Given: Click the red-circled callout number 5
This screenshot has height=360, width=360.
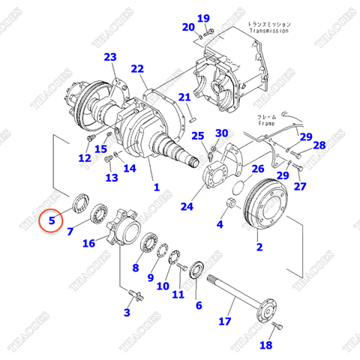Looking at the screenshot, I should [52, 220].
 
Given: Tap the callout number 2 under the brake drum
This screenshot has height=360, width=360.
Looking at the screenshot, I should [259, 246].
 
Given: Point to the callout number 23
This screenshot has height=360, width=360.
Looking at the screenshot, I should [110, 58].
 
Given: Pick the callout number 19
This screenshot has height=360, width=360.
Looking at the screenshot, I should [203, 19].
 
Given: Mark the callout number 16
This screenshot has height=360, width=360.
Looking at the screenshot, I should [88, 243].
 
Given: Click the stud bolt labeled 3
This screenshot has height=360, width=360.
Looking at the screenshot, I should [131, 294].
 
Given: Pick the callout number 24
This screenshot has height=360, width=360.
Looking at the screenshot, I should [186, 206].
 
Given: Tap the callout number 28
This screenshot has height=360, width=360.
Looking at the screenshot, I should [319, 145].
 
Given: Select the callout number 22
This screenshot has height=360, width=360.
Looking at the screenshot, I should [137, 69].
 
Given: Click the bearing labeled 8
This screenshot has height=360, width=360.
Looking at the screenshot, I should [150, 244].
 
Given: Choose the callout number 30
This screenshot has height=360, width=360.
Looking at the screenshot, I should [221, 133].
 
